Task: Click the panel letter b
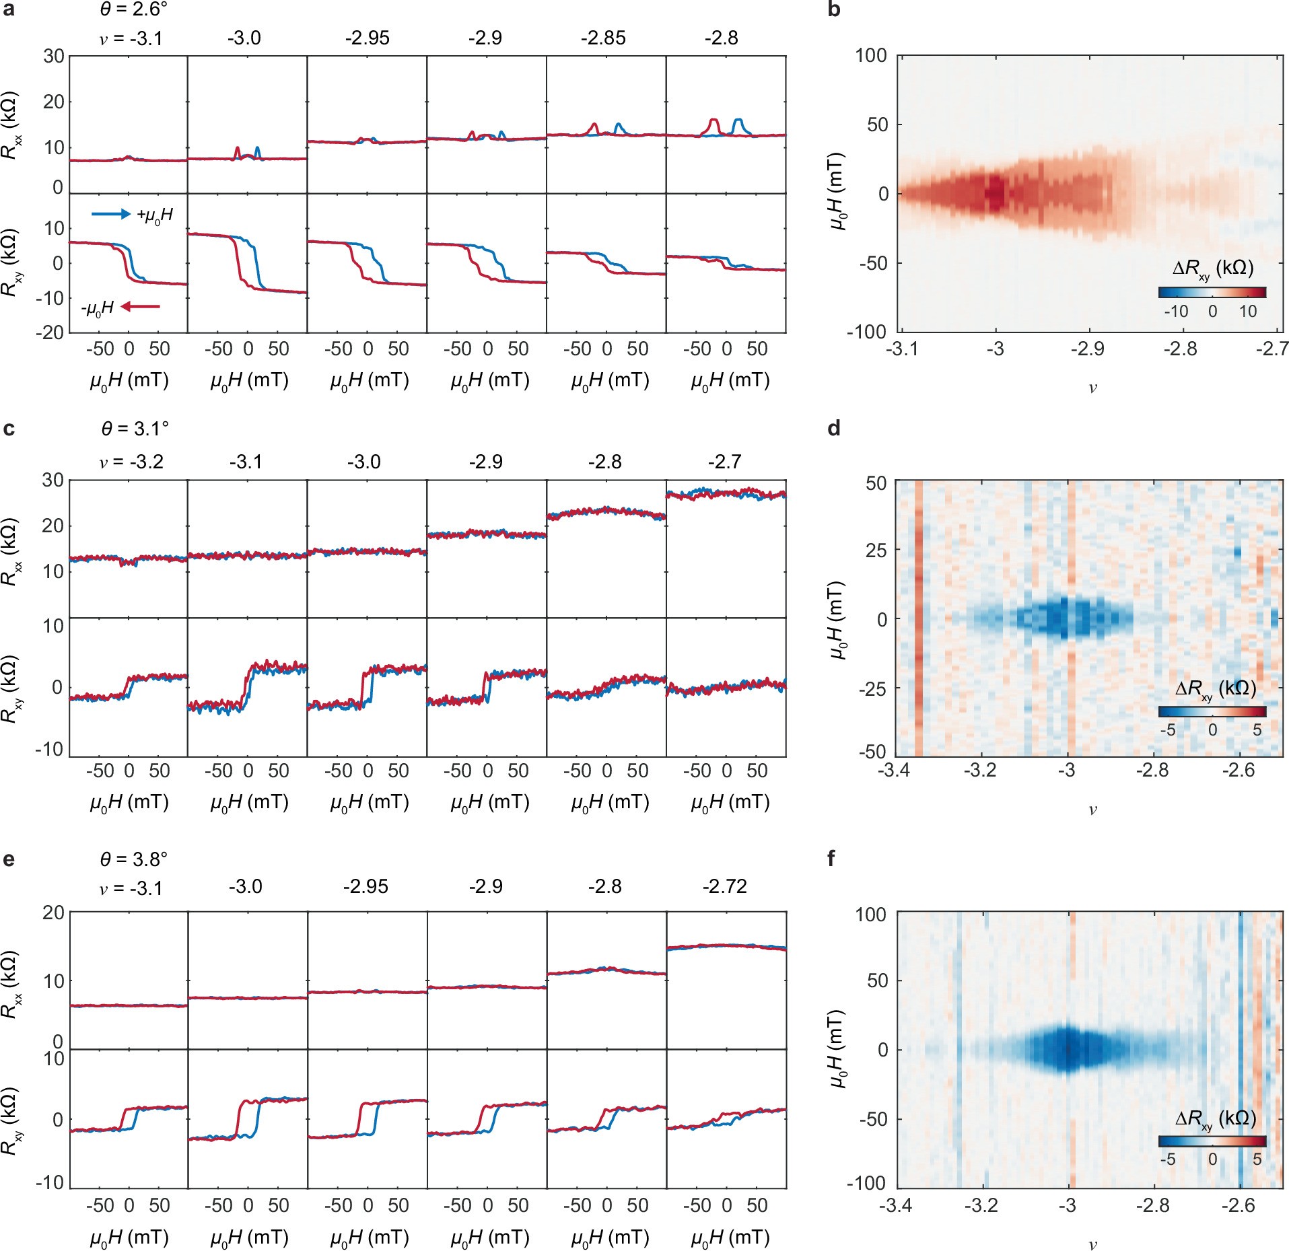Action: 834,10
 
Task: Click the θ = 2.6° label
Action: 134,9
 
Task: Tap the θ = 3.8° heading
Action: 134,860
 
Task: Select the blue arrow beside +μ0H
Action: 110,214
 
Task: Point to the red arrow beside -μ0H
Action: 141,307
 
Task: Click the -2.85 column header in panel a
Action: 603,38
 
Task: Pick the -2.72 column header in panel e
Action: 725,887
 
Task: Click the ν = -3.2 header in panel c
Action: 131,462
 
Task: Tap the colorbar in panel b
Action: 1212,292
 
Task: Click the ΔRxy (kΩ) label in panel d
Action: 1215,689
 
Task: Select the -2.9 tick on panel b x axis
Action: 1088,349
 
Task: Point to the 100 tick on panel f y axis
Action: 872,915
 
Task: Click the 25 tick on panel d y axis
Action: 877,550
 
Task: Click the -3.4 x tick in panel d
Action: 894,770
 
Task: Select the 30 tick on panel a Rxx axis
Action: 54,57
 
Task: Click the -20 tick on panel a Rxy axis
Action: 51,332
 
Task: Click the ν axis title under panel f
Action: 1092,1244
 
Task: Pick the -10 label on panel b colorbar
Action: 1176,312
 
